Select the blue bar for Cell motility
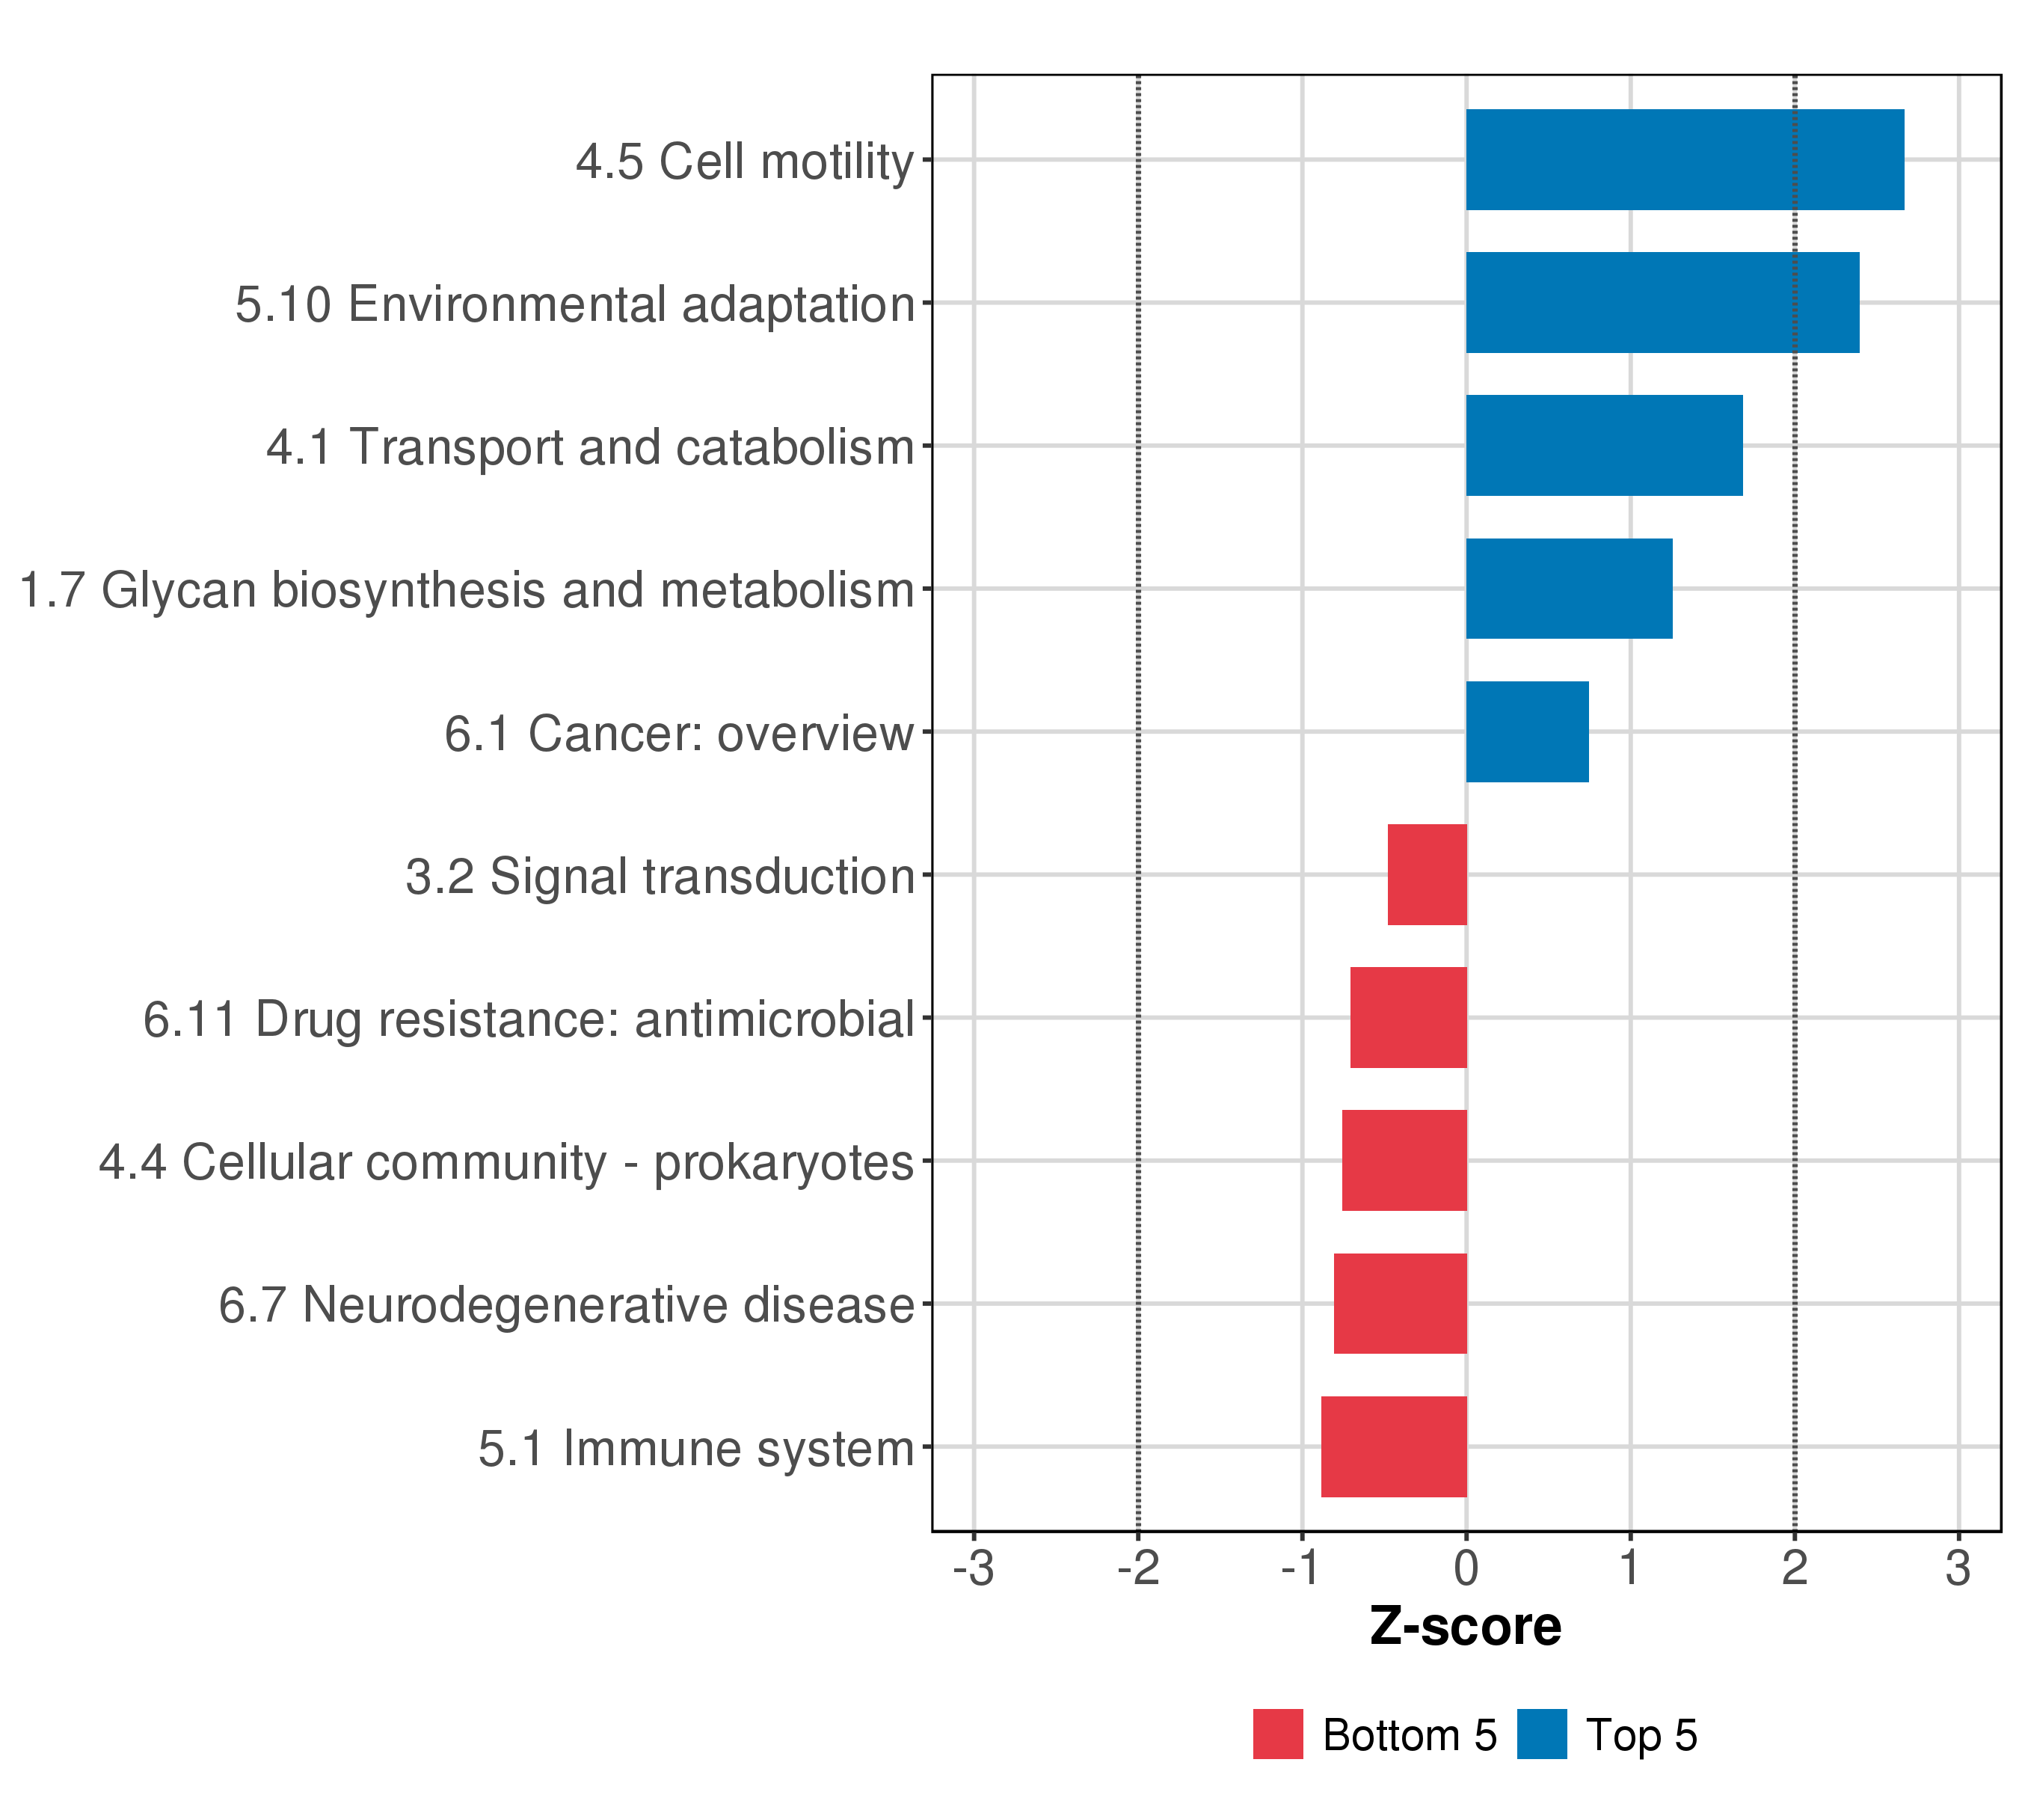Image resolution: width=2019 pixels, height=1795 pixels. point(1685,160)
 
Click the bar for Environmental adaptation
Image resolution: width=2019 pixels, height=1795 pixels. point(1663,302)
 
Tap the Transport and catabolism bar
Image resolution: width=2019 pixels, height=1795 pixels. point(1605,446)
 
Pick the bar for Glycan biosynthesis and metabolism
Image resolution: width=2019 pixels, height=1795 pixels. point(1570,589)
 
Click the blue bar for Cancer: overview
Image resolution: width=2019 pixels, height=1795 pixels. point(1528,732)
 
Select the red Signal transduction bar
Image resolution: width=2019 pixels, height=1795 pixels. point(1428,875)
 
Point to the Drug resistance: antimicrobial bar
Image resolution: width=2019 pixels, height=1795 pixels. point(1409,1017)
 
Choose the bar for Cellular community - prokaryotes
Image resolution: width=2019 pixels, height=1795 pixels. point(1404,1161)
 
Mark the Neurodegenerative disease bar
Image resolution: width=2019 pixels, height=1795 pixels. point(1401,1304)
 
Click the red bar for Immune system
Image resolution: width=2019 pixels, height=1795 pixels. point(1394,1447)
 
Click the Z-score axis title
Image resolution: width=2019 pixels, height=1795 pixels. point(1466,1626)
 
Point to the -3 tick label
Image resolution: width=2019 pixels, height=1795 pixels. point(974,1569)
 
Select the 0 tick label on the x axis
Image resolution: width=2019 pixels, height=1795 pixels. point(1467,1569)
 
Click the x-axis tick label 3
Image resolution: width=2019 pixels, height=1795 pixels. point(1958,1569)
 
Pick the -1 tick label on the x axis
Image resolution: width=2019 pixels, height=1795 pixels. point(1302,1569)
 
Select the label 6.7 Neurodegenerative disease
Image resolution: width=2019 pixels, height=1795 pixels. point(567,1305)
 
